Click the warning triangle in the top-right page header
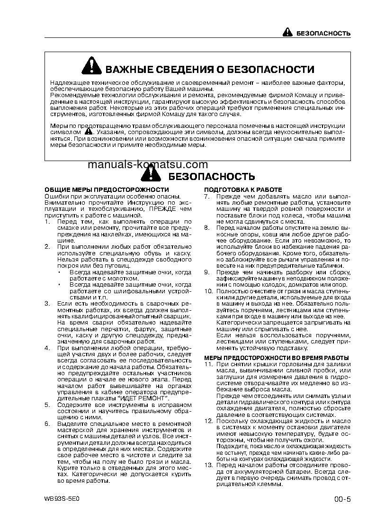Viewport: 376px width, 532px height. [x=288, y=33]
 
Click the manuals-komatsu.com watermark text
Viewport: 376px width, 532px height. [x=148, y=164]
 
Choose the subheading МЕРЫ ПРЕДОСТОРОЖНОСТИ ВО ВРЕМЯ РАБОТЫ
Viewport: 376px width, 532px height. [x=276, y=357]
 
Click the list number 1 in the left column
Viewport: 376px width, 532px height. [x=47, y=221]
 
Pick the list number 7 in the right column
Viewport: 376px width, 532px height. [x=206, y=196]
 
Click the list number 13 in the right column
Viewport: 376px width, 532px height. [x=208, y=465]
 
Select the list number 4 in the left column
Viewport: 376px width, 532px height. [x=47, y=348]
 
